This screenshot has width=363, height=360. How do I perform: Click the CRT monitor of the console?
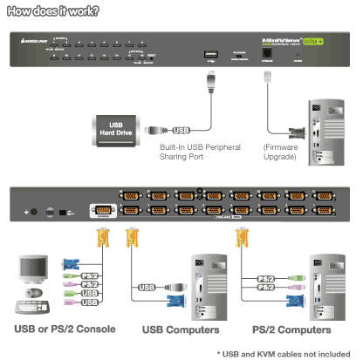[31, 272]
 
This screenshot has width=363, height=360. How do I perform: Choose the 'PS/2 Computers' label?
[291, 330]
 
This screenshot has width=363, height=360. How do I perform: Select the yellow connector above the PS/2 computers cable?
[237, 240]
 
